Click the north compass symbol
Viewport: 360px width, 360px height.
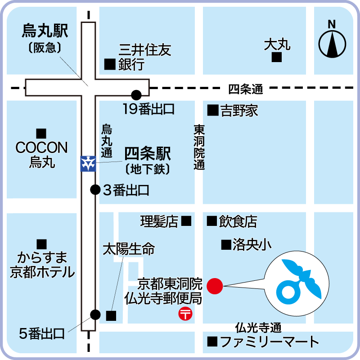tap(333, 43)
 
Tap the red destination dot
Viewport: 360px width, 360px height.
tap(215, 286)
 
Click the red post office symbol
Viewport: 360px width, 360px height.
tap(185, 313)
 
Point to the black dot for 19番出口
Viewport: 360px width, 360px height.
tap(136, 95)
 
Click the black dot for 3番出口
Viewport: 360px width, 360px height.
tap(95, 189)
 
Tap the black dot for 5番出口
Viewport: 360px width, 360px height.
tap(95, 315)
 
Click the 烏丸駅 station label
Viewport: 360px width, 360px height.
tap(45, 31)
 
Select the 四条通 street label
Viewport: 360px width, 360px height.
tap(245, 89)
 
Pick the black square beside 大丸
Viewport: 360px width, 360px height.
tap(277, 57)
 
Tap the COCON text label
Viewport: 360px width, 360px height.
tap(41, 148)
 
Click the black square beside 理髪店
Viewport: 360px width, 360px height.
tap(186, 221)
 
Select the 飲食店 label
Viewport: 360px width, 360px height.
tap(238, 221)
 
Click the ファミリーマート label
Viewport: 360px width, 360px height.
tap(270, 342)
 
